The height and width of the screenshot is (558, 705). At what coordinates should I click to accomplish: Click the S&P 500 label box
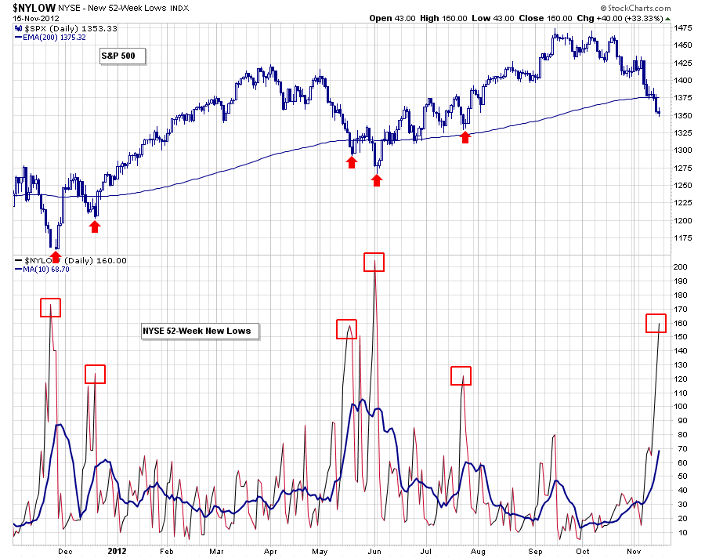(123, 56)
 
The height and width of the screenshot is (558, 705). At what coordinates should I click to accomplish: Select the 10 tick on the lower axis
(681, 533)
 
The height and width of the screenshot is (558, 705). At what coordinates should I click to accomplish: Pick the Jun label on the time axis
(374, 550)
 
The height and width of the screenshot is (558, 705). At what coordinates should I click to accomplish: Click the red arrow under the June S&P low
(377, 180)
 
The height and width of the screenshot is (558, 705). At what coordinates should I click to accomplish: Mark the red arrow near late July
(465, 137)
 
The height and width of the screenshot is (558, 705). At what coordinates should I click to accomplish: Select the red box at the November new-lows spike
(656, 322)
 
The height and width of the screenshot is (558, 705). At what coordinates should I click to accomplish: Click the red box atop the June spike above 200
(374, 262)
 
